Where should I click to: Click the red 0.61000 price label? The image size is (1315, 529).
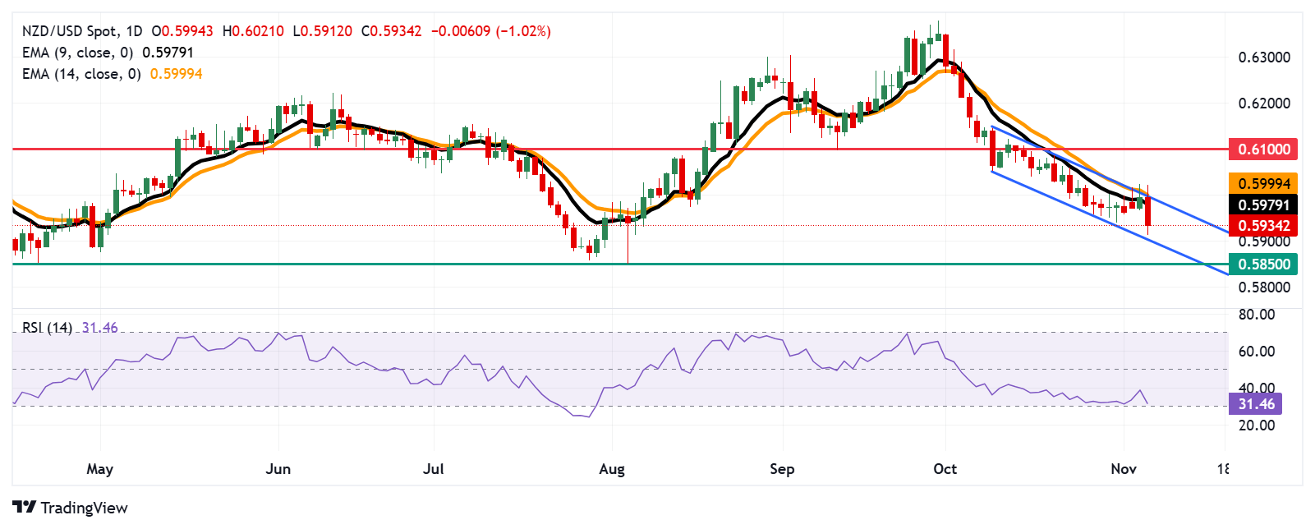click(x=1263, y=149)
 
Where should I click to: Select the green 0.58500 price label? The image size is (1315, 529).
click(x=1263, y=264)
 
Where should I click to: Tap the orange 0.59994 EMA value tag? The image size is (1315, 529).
click(x=1263, y=183)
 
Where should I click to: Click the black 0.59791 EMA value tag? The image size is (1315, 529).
click(x=1263, y=205)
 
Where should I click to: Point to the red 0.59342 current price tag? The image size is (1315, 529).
click(x=1263, y=225)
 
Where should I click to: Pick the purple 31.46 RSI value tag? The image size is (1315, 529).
click(x=1256, y=403)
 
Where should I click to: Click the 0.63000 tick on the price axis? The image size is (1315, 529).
click(x=1264, y=57)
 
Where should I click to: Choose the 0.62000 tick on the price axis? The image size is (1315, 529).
click(x=1264, y=103)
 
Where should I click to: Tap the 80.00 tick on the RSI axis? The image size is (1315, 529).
click(x=1257, y=315)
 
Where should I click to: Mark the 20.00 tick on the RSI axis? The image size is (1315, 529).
click(x=1257, y=425)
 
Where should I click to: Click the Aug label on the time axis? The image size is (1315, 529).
click(x=612, y=469)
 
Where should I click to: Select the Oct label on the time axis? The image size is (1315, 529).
click(x=945, y=469)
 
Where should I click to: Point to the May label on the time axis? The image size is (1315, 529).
click(x=99, y=469)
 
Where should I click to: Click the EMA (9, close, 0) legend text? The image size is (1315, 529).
click(x=77, y=53)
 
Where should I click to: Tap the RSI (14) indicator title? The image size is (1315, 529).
click(x=47, y=328)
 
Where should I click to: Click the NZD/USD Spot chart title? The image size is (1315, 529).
click(x=69, y=31)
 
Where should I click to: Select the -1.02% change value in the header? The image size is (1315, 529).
click(x=523, y=31)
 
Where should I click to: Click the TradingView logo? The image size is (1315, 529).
click(x=71, y=508)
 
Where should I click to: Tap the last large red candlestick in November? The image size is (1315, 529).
click(x=1147, y=212)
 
